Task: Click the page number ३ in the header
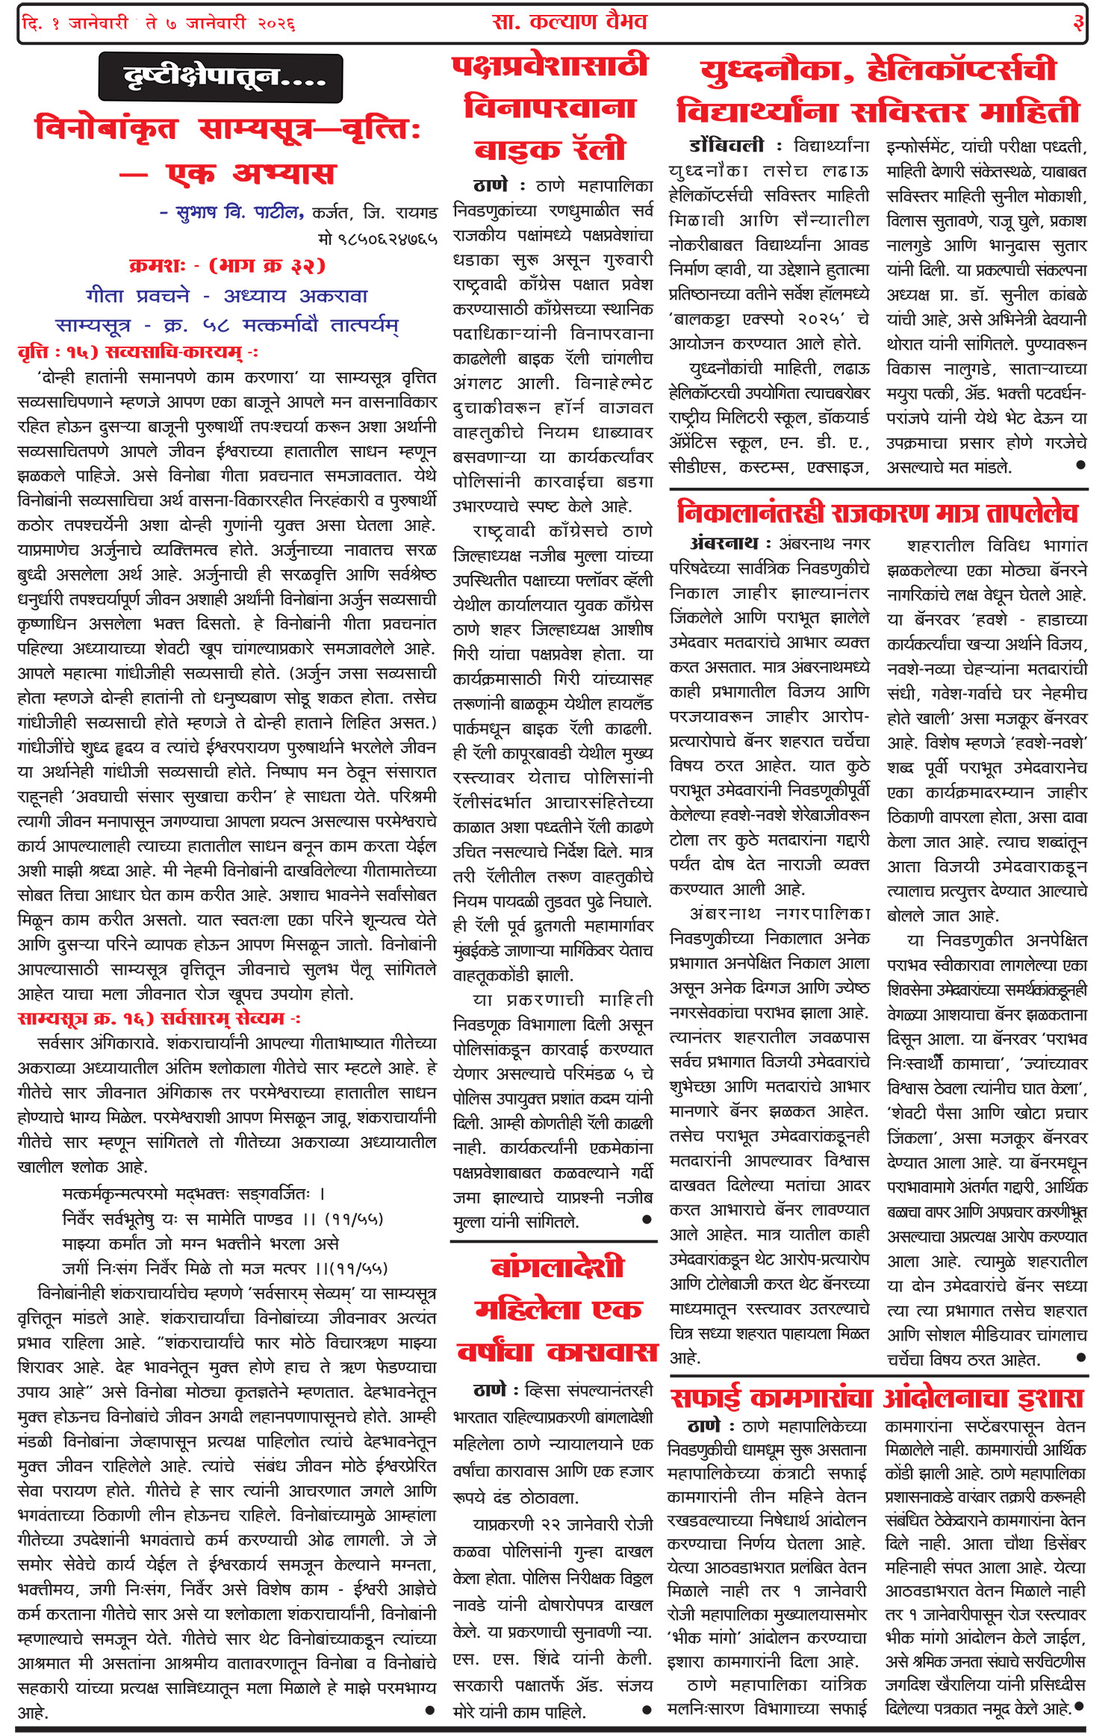coord(1077,23)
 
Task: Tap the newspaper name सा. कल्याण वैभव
coord(569,22)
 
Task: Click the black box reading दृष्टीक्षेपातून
coord(221,78)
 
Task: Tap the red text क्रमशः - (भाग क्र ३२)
coord(227,266)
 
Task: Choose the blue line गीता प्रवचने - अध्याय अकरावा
coord(227,296)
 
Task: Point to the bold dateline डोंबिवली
coord(727,145)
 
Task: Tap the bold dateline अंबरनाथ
coord(724,543)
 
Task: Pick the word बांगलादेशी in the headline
coord(557,1267)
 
